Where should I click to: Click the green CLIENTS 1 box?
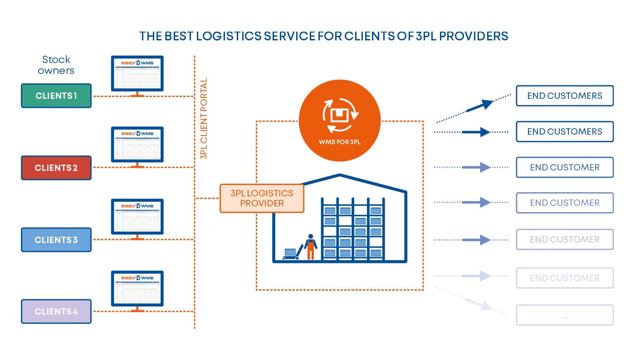pyautogui.click(x=56, y=96)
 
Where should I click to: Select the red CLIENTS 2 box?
pyautogui.click(x=56, y=168)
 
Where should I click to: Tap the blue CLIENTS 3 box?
pyautogui.click(x=56, y=240)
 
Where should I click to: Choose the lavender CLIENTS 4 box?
pyautogui.click(x=56, y=311)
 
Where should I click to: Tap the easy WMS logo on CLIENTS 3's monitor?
pyautogui.click(x=137, y=206)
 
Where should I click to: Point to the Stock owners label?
pyautogui.click(x=56, y=65)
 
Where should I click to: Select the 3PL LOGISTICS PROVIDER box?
pyautogui.click(x=262, y=198)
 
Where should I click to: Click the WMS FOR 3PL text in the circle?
pyautogui.click(x=340, y=141)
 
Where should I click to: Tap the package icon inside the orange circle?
pyautogui.click(x=340, y=115)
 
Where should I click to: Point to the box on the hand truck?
pyautogui.click(x=290, y=252)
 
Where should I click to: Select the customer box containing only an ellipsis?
pyautogui.click(x=565, y=315)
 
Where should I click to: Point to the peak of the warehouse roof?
pyautogui.click(x=339, y=175)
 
